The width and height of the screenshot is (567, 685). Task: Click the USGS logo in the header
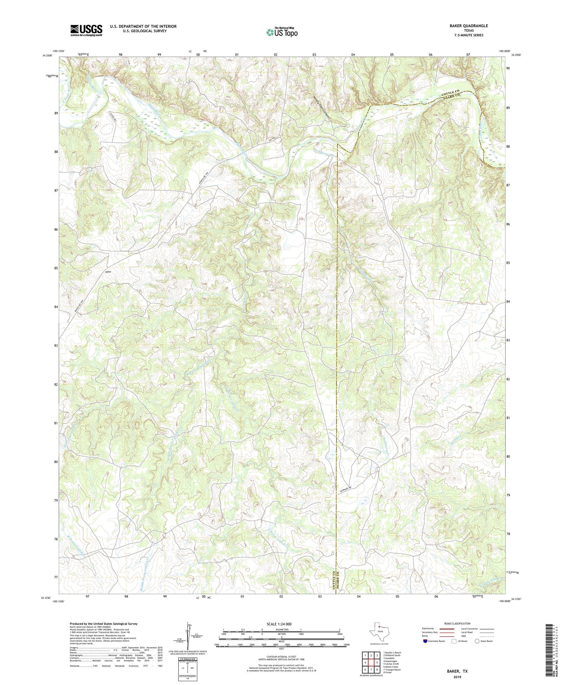click(x=86, y=30)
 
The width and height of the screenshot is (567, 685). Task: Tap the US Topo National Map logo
click(x=282, y=32)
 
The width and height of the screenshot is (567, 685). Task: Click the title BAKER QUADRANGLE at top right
click(x=468, y=26)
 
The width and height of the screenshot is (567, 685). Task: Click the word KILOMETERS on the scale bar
click(x=281, y=629)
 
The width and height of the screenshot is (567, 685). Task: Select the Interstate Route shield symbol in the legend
click(x=425, y=641)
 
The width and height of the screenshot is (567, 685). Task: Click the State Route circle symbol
click(x=477, y=641)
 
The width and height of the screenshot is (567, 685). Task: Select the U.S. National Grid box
click(x=188, y=669)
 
